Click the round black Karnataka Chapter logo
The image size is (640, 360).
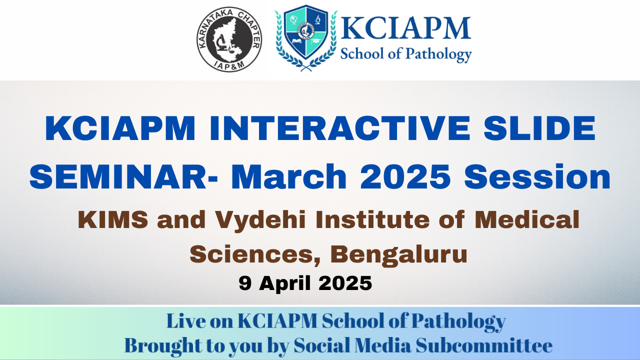click(x=229, y=39)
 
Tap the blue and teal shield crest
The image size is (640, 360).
click(x=306, y=33)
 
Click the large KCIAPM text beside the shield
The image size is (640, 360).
click(x=405, y=28)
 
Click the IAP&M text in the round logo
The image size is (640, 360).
click(x=229, y=65)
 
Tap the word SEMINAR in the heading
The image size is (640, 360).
click(x=118, y=177)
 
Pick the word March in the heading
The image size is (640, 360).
click(x=288, y=176)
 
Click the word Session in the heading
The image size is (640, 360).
click(x=537, y=177)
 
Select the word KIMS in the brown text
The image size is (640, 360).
click(x=113, y=219)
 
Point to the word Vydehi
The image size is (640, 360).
click(x=260, y=221)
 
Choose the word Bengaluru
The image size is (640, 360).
click(x=398, y=255)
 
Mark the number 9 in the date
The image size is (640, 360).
click(x=245, y=283)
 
